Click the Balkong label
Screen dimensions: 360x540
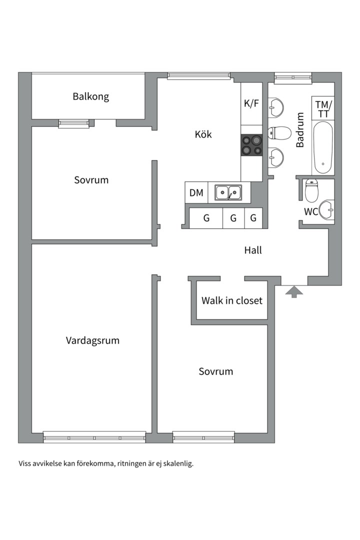click(91, 96)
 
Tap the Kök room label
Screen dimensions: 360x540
click(203, 134)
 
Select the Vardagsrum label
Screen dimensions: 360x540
click(92, 340)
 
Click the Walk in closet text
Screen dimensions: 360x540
click(232, 300)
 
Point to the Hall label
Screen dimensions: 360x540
click(253, 250)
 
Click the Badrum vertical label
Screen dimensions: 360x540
click(300, 130)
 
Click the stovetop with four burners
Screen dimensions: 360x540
click(251, 145)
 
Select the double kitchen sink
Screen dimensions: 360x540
click(228, 192)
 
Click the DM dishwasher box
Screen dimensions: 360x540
click(196, 192)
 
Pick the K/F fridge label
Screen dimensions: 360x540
click(251, 103)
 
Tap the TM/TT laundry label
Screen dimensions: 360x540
click(323, 108)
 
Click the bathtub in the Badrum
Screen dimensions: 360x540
click(323, 147)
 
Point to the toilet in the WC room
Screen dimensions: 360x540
click(312, 190)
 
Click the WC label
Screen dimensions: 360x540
click(310, 211)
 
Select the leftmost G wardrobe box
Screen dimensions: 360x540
click(206, 218)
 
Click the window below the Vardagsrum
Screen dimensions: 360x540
click(94, 437)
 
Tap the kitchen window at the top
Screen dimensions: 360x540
click(199, 76)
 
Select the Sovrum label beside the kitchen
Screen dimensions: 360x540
click(91, 180)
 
